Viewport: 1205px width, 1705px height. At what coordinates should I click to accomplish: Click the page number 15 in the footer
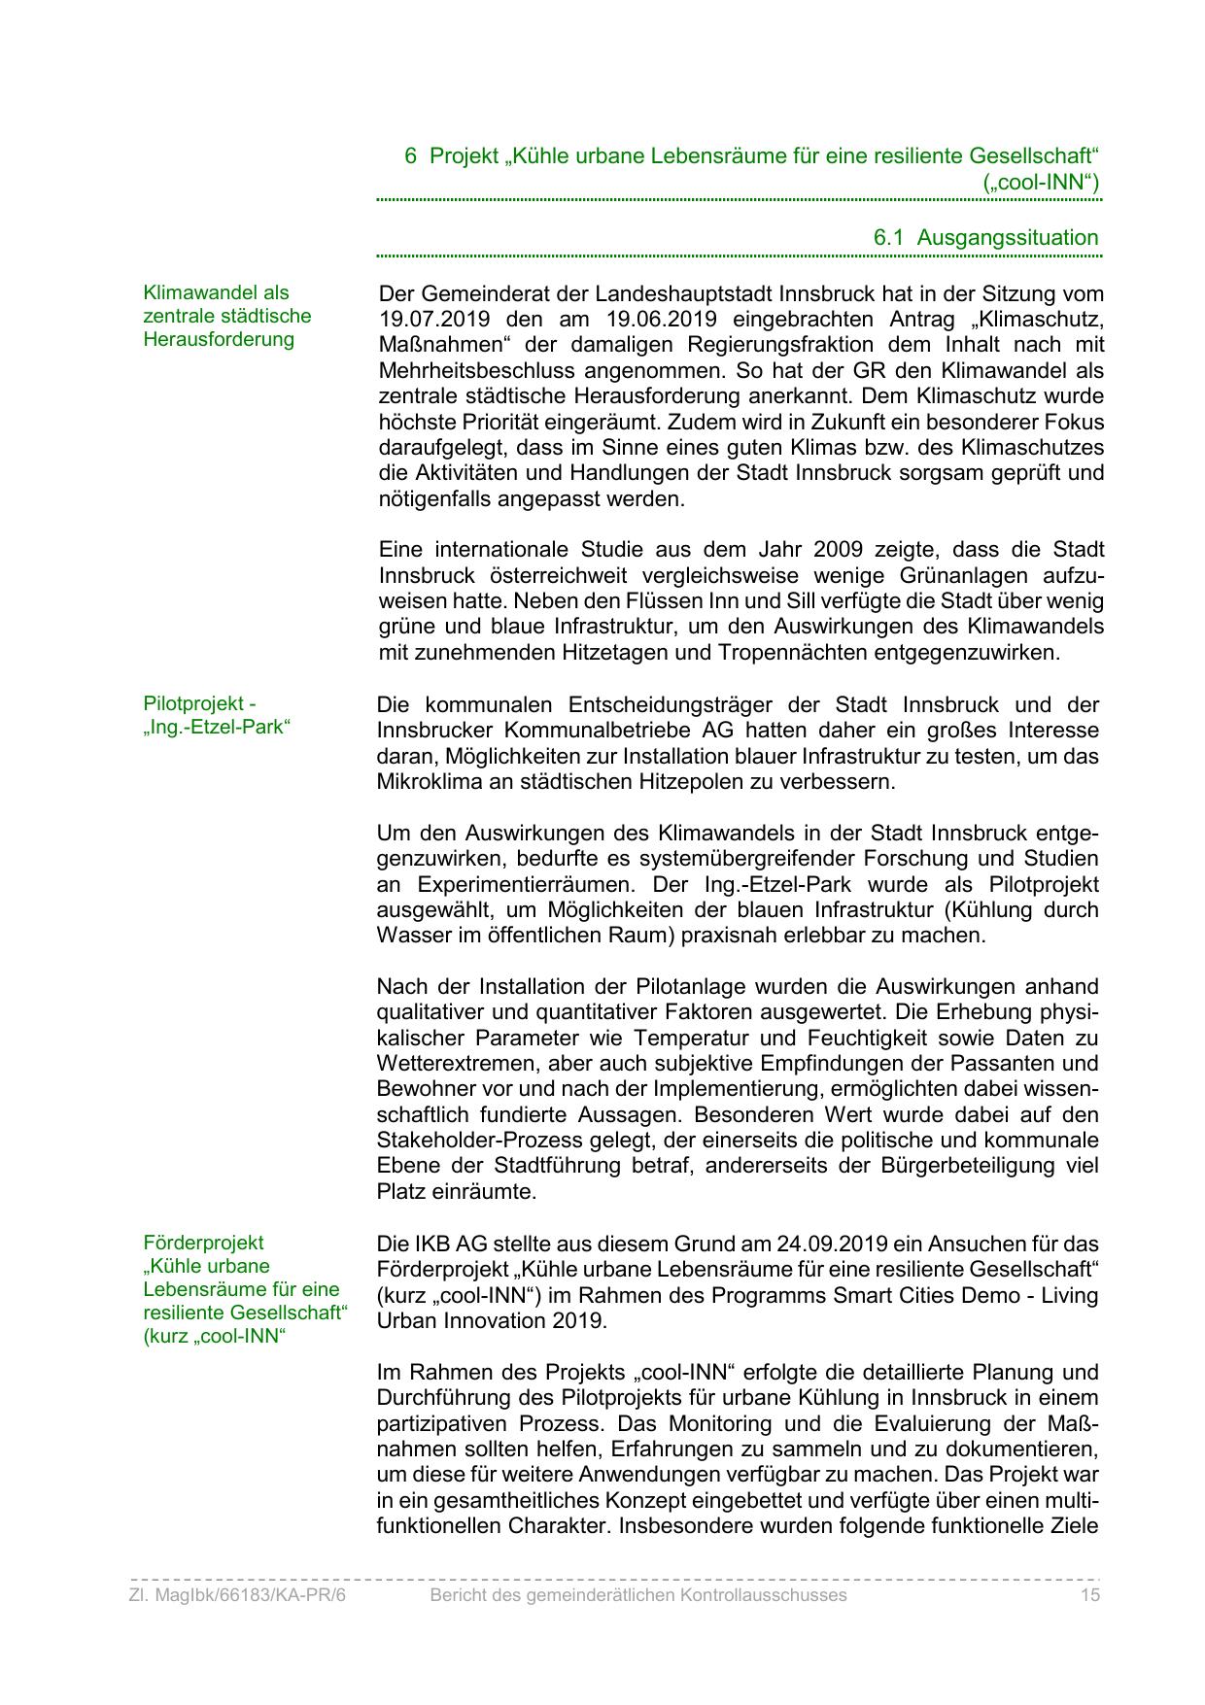[1089, 1595]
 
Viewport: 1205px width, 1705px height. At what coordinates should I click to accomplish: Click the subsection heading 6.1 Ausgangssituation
[985, 238]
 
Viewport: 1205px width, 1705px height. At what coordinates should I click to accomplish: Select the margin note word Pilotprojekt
[192, 703]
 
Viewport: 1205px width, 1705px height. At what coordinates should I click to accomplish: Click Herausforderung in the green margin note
[219, 339]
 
